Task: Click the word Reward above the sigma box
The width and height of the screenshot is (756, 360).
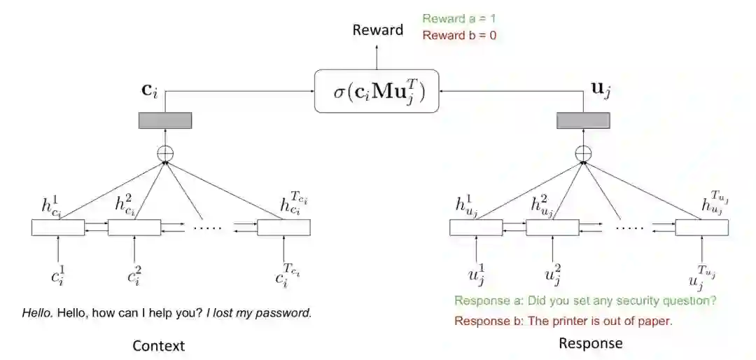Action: point(377,29)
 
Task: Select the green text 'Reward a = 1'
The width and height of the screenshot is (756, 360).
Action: point(458,19)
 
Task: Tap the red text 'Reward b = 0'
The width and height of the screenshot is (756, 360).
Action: point(459,35)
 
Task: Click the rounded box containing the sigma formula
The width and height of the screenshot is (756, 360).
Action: point(377,91)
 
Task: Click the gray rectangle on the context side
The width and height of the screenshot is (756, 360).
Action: point(164,120)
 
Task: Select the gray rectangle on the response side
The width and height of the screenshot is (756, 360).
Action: point(582,120)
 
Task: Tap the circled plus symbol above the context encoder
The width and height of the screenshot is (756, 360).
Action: point(166,153)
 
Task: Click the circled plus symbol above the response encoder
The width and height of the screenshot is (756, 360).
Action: point(582,153)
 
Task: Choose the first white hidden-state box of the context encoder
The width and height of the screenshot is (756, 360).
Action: point(58,228)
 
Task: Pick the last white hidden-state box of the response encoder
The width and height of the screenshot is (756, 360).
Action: point(701,228)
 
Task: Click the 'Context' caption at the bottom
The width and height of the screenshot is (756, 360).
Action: point(159,345)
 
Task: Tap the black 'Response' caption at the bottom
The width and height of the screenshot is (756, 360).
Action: point(590,343)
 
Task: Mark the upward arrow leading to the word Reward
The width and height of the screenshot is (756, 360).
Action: point(377,55)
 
